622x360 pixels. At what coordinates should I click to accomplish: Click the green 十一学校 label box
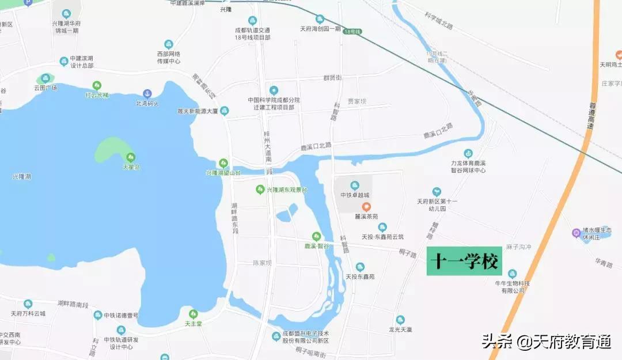(464, 262)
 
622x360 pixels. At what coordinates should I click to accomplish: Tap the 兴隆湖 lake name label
(21, 176)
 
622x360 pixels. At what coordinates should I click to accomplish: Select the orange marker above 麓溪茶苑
(366, 207)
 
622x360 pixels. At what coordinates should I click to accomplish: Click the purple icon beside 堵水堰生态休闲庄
(576, 233)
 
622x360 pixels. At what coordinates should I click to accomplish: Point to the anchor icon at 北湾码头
(147, 93)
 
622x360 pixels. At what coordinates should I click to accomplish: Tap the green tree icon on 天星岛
(131, 157)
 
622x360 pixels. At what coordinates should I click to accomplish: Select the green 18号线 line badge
(352, 32)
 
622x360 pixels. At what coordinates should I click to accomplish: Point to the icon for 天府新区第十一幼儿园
(437, 191)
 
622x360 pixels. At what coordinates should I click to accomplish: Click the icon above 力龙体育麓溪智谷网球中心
(468, 153)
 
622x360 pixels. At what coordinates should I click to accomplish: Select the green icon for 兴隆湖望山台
(223, 163)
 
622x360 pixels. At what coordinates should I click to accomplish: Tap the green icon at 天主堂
(194, 314)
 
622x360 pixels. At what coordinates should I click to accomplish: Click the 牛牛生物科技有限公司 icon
(512, 273)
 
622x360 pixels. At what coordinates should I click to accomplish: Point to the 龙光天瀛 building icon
(400, 320)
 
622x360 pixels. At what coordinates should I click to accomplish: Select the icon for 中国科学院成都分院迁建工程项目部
(274, 90)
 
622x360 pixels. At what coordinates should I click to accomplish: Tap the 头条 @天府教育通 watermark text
(546, 342)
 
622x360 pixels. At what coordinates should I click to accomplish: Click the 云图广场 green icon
(45, 78)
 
